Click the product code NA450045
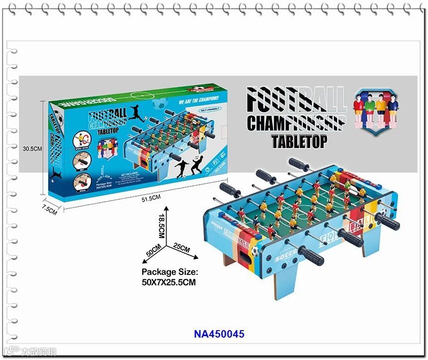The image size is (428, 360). [x=219, y=334]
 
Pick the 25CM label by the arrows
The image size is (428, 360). [x=181, y=247]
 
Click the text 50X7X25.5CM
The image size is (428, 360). [x=169, y=282]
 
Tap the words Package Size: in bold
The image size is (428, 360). [x=170, y=272]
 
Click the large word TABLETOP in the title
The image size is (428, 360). [x=299, y=141]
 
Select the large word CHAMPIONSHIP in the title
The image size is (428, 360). [x=296, y=123]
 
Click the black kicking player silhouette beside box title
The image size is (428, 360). [x=135, y=113]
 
